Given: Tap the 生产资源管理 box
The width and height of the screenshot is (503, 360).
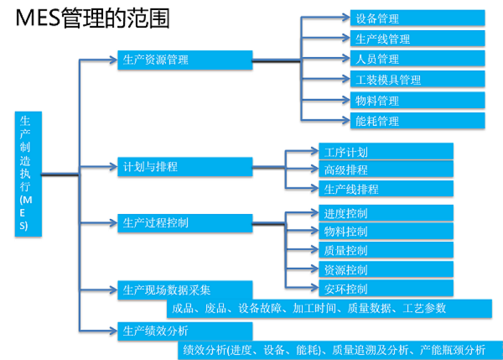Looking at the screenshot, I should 184,60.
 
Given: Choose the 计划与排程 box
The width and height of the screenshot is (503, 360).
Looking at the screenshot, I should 184,166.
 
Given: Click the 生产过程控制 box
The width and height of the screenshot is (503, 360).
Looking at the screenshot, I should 184,222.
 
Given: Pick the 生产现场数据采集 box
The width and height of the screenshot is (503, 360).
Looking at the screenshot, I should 184,290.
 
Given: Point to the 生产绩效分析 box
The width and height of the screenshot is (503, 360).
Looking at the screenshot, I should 184,330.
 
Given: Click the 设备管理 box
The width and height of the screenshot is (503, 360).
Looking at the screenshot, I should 417,18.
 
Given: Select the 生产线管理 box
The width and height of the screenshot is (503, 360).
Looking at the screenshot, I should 417,39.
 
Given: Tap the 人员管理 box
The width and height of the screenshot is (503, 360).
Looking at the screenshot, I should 417,59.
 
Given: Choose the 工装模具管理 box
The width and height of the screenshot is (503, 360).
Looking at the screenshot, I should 417,80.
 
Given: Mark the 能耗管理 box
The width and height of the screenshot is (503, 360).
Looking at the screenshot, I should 417,121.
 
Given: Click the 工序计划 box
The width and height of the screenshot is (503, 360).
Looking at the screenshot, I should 386,152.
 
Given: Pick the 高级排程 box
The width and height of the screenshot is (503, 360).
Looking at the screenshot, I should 386,170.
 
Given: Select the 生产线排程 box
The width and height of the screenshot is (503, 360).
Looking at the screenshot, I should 386,189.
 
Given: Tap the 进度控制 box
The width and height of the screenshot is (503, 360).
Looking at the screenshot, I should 386,213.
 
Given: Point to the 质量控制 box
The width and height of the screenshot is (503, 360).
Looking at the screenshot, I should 386,250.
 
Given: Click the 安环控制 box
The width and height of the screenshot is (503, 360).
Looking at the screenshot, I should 386,289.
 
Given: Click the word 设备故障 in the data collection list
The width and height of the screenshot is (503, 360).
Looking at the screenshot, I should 260,308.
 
